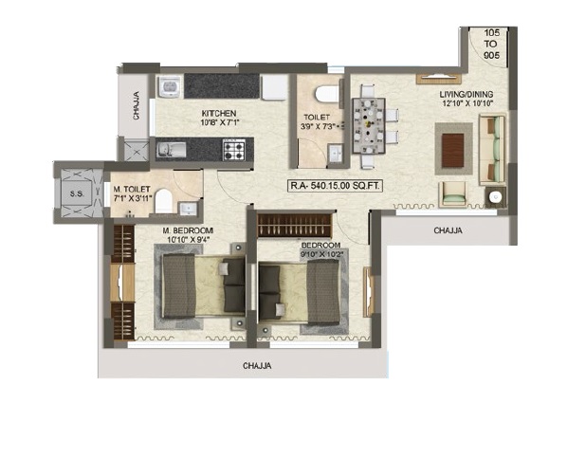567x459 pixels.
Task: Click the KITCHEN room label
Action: (x=219, y=113)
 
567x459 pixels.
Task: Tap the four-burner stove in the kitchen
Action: (x=234, y=150)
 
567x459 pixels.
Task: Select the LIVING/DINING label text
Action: (x=466, y=95)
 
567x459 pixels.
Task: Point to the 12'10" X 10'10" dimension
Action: (x=468, y=102)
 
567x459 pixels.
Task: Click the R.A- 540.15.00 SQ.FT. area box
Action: (x=335, y=186)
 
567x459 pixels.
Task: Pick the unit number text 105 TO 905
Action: (x=491, y=45)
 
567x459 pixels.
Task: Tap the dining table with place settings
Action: (x=369, y=126)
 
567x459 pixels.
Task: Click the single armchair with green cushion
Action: (x=452, y=194)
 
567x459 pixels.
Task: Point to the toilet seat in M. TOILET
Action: (x=163, y=201)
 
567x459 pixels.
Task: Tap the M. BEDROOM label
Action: (x=188, y=230)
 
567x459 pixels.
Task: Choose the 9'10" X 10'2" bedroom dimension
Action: (x=321, y=254)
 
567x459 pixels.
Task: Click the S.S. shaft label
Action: (x=77, y=193)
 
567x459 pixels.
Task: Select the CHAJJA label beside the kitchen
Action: (x=136, y=105)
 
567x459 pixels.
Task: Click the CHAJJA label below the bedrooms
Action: (x=257, y=366)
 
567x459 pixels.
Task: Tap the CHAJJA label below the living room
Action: (x=448, y=230)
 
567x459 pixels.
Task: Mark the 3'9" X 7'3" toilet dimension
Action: (x=319, y=126)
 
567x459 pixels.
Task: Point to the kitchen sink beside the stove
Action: (x=172, y=150)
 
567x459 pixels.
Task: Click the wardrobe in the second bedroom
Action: (x=294, y=226)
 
